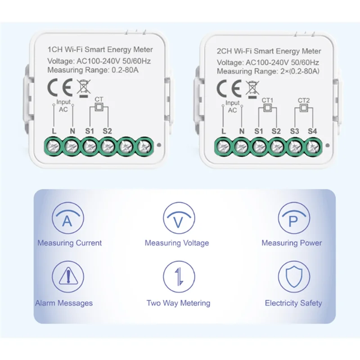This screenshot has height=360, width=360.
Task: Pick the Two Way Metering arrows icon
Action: [x=179, y=276]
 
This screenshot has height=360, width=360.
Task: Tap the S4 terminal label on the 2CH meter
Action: [x=312, y=131]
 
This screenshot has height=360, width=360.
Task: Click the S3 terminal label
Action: [x=294, y=131]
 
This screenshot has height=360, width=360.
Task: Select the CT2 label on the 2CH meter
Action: [x=304, y=100]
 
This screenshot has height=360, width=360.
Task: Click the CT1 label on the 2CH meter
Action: [x=267, y=100]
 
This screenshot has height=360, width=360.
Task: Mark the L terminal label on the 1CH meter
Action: [x=54, y=131]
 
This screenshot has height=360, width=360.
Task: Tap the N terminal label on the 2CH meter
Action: [x=241, y=131]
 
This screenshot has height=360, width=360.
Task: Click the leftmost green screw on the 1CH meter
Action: [x=54, y=146]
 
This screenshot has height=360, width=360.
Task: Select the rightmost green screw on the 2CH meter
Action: [x=312, y=146]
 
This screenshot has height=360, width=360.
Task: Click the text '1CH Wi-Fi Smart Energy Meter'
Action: [x=100, y=50]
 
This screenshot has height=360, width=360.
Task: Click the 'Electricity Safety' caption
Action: [x=293, y=303]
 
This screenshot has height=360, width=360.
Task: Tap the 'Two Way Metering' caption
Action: [x=178, y=303]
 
